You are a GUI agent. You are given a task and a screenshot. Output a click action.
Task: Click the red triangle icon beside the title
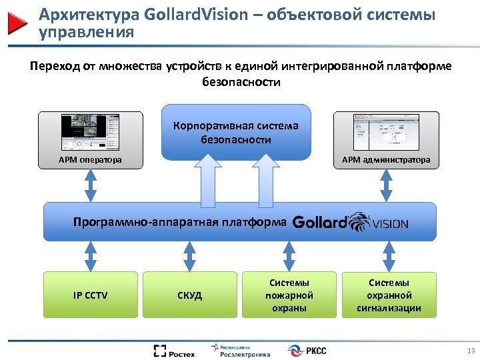click(x=17, y=23)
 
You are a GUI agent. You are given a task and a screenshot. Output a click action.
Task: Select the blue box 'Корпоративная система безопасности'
click(x=236, y=132)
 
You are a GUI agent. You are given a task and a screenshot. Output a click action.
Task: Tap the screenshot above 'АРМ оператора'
click(x=90, y=133)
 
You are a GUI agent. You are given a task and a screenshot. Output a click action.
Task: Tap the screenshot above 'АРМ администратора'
click(x=386, y=132)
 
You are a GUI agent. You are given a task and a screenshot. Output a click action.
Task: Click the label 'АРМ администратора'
click(x=386, y=160)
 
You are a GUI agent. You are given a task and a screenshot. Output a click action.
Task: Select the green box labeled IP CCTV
click(x=90, y=294)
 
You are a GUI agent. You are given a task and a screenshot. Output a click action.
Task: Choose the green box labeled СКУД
click(x=190, y=294)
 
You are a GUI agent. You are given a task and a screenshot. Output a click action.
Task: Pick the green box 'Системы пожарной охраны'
click(x=289, y=294)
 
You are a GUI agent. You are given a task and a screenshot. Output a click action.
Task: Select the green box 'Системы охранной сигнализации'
click(x=389, y=294)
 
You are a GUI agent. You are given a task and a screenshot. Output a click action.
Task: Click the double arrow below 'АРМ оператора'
click(x=90, y=185)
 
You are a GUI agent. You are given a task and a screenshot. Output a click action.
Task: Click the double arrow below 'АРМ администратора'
click(x=386, y=185)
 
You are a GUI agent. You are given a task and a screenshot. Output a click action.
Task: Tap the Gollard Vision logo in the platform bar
click(x=350, y=222)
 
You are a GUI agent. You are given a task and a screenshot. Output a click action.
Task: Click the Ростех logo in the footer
click(x=174, y=351)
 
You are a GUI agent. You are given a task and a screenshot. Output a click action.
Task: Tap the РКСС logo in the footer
click(x=307, y=351)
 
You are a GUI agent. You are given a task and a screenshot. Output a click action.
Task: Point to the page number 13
click(x=471, y=351)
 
